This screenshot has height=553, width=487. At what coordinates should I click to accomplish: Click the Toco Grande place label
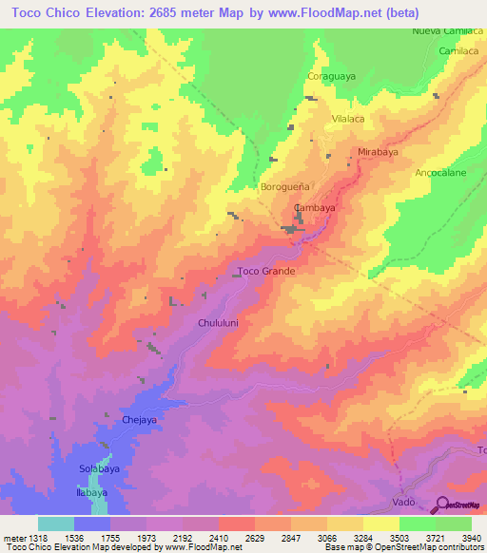(x=266, y=271)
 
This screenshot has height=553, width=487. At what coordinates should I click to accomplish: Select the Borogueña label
(x=286, y=187)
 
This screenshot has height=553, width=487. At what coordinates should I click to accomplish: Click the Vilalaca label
(x=347, y=119)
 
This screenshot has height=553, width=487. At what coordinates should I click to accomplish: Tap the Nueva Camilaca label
(x=448, y=31)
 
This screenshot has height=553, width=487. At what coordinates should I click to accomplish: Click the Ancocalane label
(x=440, y=173)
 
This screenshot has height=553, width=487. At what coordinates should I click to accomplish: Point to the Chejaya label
(x=139, y=418)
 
